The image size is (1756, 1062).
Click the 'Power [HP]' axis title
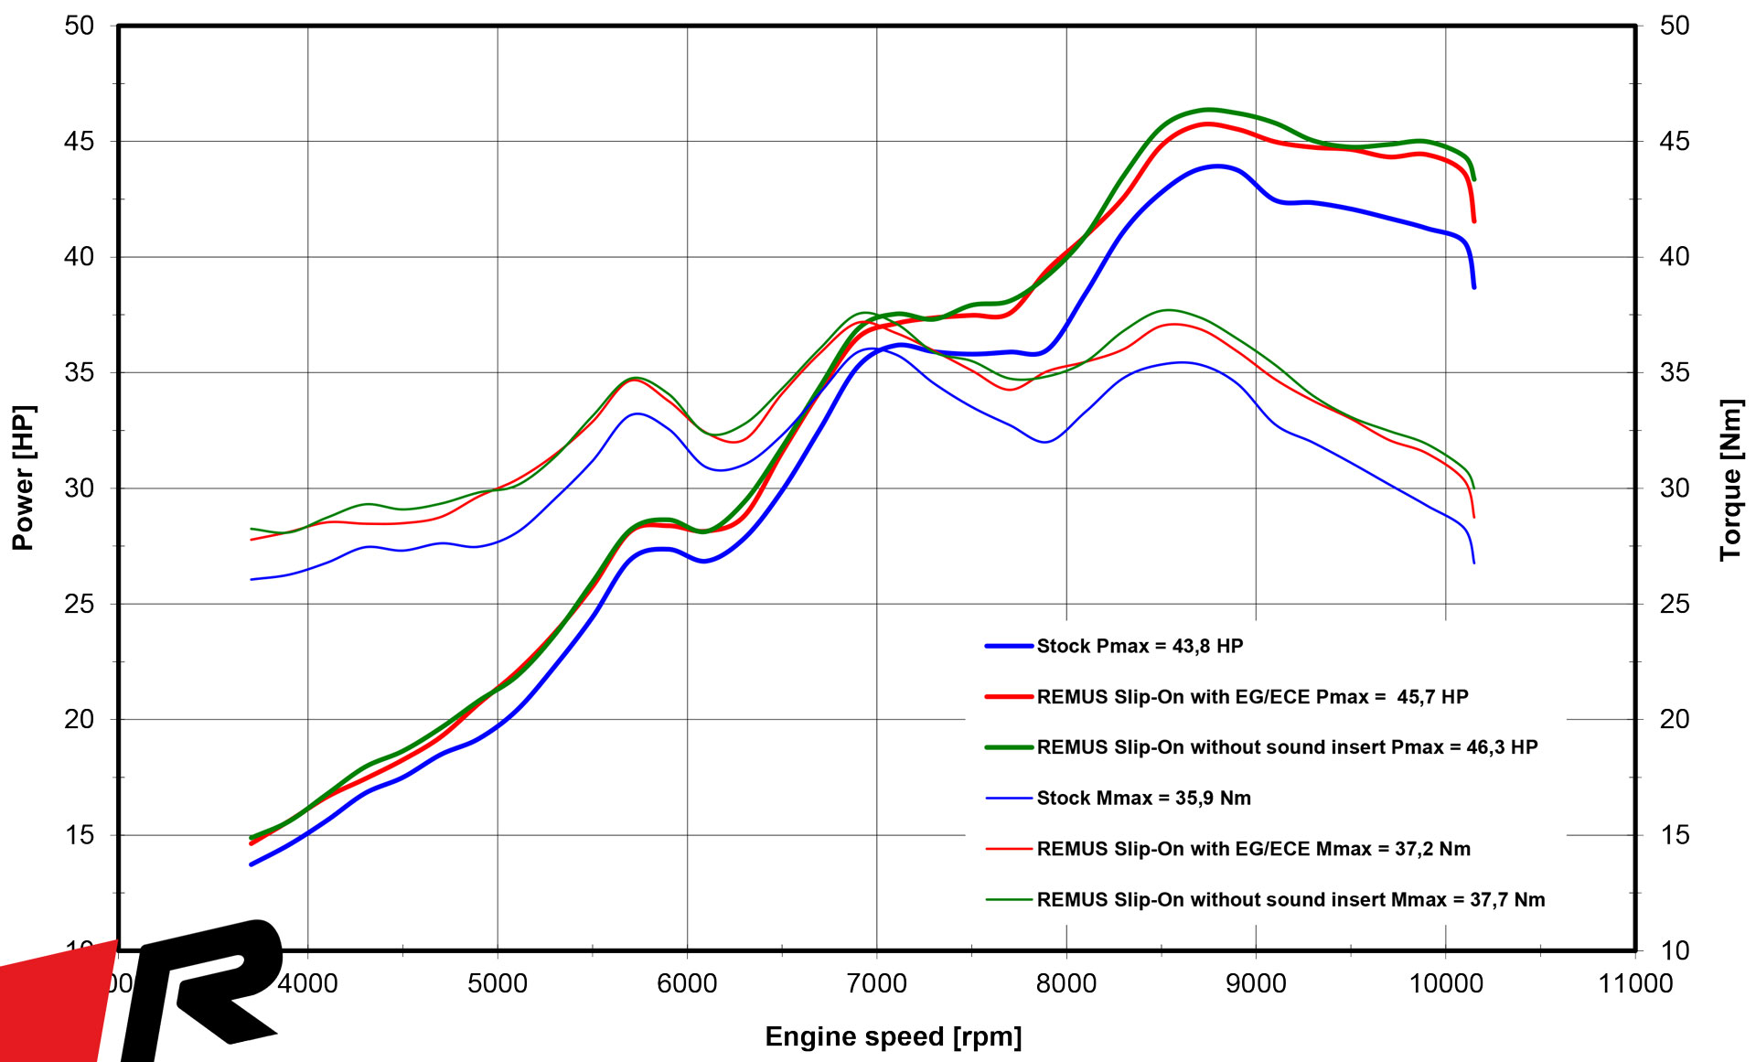coord(23,477)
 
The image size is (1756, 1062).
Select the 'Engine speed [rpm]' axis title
coord(893,1036)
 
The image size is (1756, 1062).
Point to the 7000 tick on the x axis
coord(876,983)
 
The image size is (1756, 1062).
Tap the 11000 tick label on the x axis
coord(1634,983)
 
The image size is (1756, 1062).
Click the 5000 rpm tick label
coord(497,983)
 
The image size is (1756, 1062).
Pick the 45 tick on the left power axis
coord(80,141)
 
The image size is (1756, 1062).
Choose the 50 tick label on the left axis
coord(80,26)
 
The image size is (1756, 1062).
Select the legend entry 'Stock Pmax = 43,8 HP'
coord(1140,646)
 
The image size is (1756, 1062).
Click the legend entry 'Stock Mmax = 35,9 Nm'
coord(1143,798)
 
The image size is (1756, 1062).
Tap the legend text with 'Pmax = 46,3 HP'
coord(1287,747)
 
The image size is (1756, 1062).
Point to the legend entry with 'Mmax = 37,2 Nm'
coord(1253,849)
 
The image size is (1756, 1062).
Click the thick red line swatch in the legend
coord(1009,697)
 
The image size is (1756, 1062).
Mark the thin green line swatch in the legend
coord(1009,900)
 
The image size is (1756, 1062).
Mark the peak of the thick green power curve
coord(1207,110)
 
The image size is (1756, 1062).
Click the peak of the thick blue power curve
coord(1216,166)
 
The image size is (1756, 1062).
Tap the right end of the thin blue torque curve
coord(1473,563)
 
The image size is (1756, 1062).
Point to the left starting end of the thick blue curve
coord(252,864)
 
